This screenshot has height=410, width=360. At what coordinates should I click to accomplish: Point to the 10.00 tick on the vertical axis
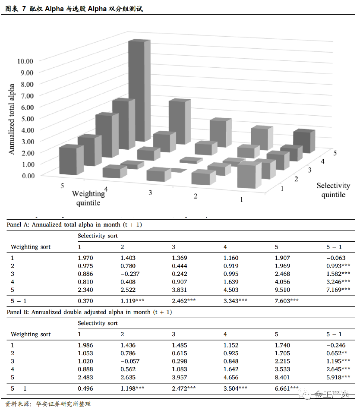coord(25,61)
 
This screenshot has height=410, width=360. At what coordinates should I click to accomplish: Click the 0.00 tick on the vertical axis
coord(25,175)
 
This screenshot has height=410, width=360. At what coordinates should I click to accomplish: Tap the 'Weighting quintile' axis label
coord(88,198)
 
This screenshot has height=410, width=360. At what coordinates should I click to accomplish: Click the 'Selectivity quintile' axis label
coord(333,190)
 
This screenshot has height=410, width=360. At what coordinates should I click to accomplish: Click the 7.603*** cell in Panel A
coord(286,300)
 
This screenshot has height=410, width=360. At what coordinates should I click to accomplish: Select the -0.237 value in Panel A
coord(129,274)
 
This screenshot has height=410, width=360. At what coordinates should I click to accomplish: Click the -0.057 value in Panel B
coord(129,361)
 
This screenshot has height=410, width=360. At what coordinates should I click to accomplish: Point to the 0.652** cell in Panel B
coord(338,353)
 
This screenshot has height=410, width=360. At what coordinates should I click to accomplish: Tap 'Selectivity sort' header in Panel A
coord(98,236)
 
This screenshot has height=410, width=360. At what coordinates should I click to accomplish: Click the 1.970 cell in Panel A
coord(85,258)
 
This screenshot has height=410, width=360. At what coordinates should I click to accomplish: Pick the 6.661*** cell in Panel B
coord(286,388)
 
